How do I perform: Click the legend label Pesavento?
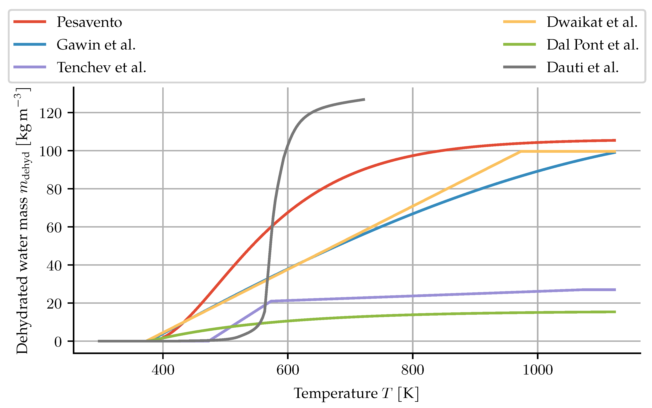pyautogui.click(x=89, y=22)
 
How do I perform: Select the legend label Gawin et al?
pyautogui.click(x=96, y=45)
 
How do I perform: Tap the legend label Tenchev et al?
pyautogui.click(x=101, y=67)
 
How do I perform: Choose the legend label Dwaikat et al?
pyautogui.click(x=592, y=22)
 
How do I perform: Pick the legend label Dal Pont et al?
pyautogui.click(x=593, y=45)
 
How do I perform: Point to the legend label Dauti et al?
pyautogui.click(x=583, y=67)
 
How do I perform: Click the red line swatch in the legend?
pyautogui.click(x=30, y=22)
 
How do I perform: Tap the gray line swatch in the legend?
pyautogui.click(x=519, y=67)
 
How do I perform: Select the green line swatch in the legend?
pyautogui.click(x=519, y=45)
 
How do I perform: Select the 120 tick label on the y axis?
pyautogui.click(x=51, y=113)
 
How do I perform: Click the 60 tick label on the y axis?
pyautogui.click(x=54, y=228)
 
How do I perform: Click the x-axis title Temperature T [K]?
pyautogui.click(x=356, y=393)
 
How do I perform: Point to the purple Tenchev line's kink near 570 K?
pyautogui.click(x=271, y=301)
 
